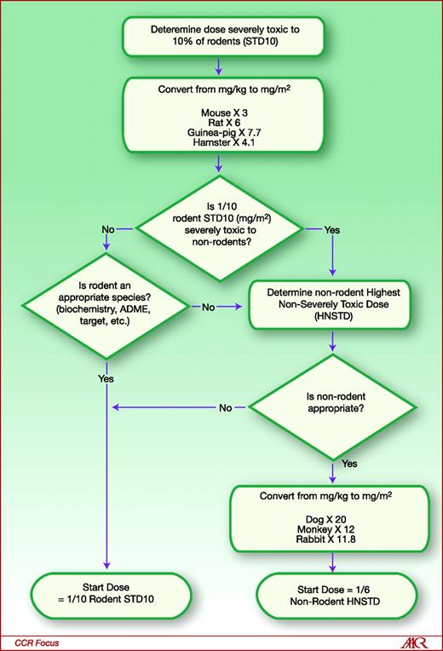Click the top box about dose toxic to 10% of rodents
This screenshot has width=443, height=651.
[220, 36]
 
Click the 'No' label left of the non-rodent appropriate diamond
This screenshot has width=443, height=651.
[225, 408]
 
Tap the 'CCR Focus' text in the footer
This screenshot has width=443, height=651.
[36, 638]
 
